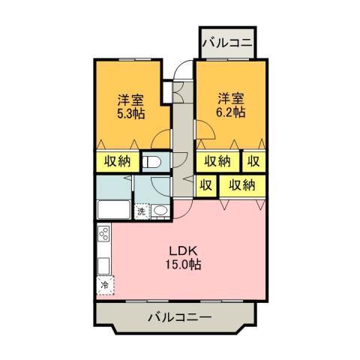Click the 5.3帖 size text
point(130,114)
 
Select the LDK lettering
point(183,250)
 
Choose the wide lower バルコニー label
point(179,317)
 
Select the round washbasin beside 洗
point(160,211)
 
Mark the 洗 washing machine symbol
point(140,211)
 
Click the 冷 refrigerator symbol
point(104,285)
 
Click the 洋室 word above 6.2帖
point(229,98)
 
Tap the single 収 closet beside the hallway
point(205,184)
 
